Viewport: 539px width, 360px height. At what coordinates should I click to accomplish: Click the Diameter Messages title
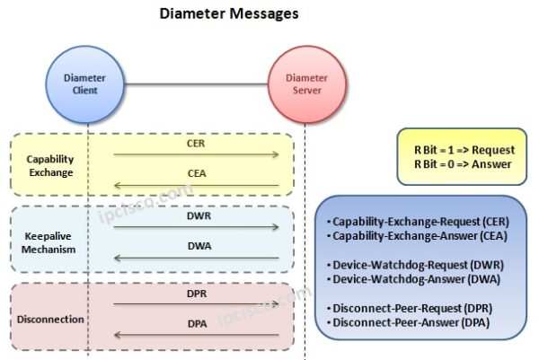click(x=229, y=14)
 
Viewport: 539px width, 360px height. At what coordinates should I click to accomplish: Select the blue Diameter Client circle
click(x=87, y=84)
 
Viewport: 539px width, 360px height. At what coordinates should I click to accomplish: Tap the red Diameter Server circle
click(x=306, y=84)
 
